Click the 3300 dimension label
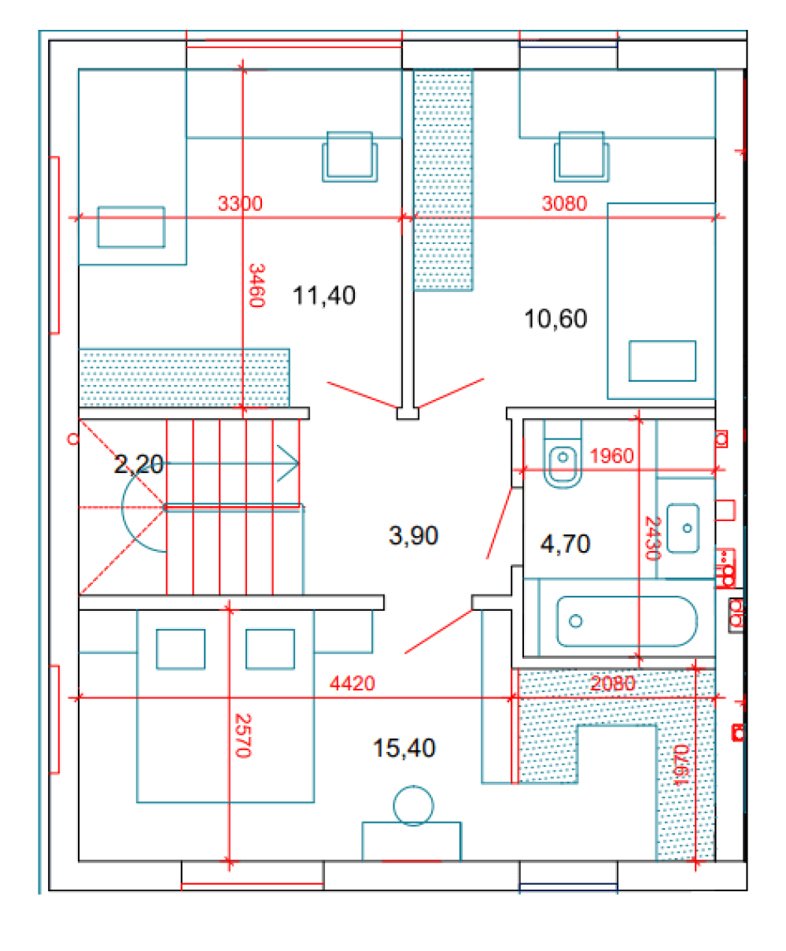[x=240, y=203]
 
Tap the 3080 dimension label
[x=564, y=203]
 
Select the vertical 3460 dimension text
[x=256, y=285]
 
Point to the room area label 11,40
[x=323, y=295]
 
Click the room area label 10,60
[x=555, y=318]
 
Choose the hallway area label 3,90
[x=413, y=535]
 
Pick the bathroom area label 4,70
[x=565, y=543]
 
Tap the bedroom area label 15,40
[x=404, y=748]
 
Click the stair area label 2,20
[x=138, y=464]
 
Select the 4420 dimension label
[x=352, y=683]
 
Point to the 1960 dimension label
[x=611, y=456]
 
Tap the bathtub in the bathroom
[x=627, y=621]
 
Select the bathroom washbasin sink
[x=683, y=528]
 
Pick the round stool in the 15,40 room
[x=413, y=805]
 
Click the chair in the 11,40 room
[x=349, y=157]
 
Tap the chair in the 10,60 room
[x=581, y=157]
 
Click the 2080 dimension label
[x=612, y=683]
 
